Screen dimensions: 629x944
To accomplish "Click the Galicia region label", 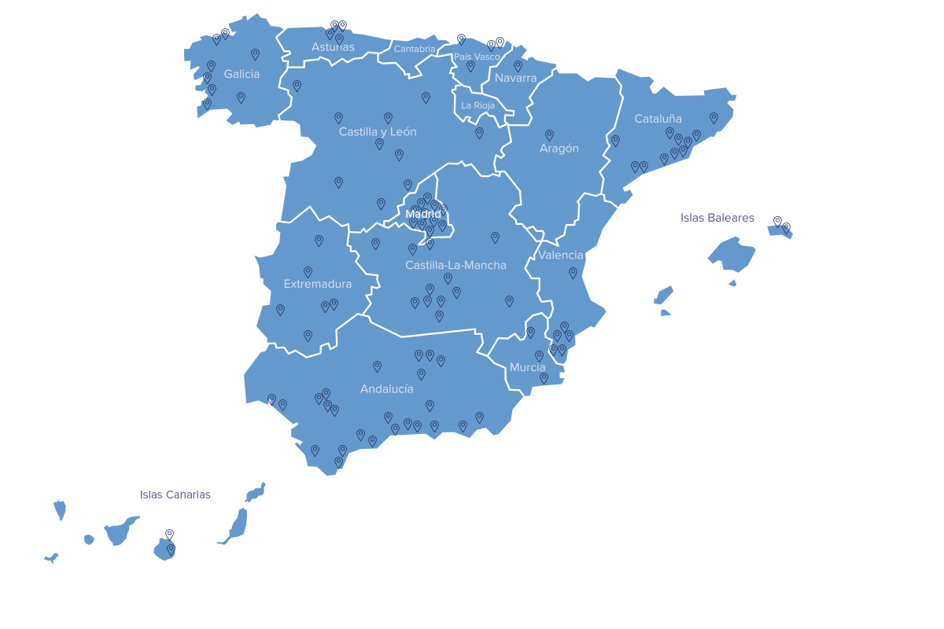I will coord(242,74).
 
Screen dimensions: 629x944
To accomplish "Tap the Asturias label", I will coord(333,47).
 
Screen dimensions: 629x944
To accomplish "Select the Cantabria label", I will coord(415,49).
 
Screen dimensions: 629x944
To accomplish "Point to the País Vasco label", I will coord(477,57).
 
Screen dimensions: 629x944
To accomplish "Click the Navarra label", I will coord(515,78).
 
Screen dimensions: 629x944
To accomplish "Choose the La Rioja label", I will coord(478,105).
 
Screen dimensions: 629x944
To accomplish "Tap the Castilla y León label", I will coord(378,132).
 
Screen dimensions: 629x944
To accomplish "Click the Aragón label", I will coord(559,149).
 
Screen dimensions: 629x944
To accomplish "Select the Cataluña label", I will coord(658,119).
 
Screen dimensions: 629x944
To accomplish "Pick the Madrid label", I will coord(423,214).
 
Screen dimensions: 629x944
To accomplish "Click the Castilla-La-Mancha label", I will coord(455,265).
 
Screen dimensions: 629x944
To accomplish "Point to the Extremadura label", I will coord(318,284).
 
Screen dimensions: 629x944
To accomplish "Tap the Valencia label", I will coord(561,255).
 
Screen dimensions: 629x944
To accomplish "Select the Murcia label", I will coord(527,367).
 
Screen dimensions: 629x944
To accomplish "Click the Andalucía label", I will coord(386,388).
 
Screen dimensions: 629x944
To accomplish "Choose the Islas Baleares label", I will coord(717,218).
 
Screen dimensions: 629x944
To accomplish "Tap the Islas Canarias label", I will coord(175,495).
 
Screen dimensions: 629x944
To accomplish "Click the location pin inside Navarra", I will coord(518,66).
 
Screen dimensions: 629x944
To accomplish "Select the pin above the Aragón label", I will coord(549,135).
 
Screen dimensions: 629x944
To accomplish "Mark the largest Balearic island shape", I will coord(732,254).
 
